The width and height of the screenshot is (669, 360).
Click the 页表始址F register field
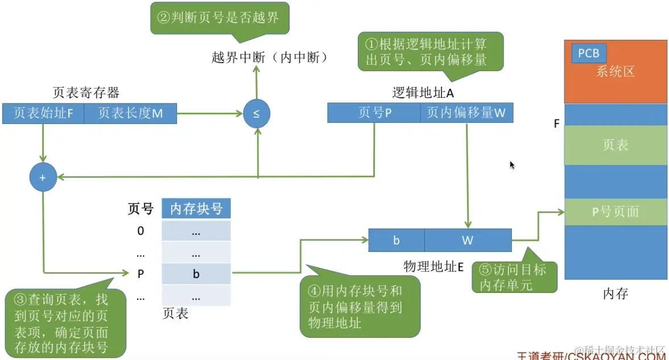(x=43, y=114)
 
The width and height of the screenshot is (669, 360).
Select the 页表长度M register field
(x=130, y=114)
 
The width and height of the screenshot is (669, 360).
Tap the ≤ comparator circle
(x=257, y=114)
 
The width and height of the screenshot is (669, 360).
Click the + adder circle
(x=43, y=177)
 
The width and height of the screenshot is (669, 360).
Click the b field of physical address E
(x=397, y=240)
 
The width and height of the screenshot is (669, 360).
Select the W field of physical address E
(x=468, y=240)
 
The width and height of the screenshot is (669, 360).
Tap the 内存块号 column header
(x=196, y=209)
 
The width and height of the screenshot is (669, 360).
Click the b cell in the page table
(x=196, y=274)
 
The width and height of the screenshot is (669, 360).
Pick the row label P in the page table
(x=141, y=274)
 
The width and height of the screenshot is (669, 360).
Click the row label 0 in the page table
(x=141, y=231)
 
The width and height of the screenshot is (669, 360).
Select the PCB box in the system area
(x=589, y=53)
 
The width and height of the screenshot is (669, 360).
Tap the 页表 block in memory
(x=615, y=145)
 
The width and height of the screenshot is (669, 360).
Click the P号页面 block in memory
(x=615, y=212)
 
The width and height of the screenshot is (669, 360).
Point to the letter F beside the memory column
(x=557, y=123)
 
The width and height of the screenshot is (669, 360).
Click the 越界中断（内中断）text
(x=270, y=57)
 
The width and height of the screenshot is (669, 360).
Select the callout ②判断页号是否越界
(x=219, y=18)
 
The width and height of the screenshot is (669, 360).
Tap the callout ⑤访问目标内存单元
(x=514, y=277)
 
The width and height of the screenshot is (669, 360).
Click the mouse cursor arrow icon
(x=512, y=165)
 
